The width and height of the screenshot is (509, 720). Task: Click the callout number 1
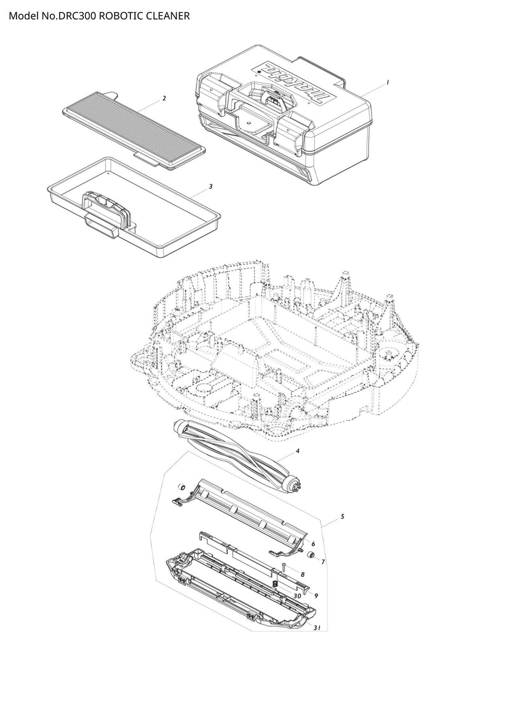(x=388, y=83)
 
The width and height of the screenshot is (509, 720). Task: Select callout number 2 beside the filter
(x=164, y=98)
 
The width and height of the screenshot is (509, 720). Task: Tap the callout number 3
(x=211, y=187)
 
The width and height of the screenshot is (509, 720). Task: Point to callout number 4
(x=297, y=451)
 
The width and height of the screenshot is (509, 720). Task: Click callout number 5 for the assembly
(x=342, y=516)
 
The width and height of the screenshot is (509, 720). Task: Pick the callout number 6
(x=313, y=544)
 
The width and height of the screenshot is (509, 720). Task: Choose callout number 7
(x=323, y=561)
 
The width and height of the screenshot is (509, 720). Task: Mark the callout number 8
(x=303, y=574)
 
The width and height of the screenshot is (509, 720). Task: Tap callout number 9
(x=316, y=596)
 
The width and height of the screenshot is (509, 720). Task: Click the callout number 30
(x=297, y=596)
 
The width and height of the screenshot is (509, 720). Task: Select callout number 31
(x=317, y=628)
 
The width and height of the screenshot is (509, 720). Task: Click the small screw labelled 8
(x=284, y=567)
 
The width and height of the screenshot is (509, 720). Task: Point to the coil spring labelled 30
(x=275, y=584)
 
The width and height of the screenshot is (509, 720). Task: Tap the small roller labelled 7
(x=310, y=555)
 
